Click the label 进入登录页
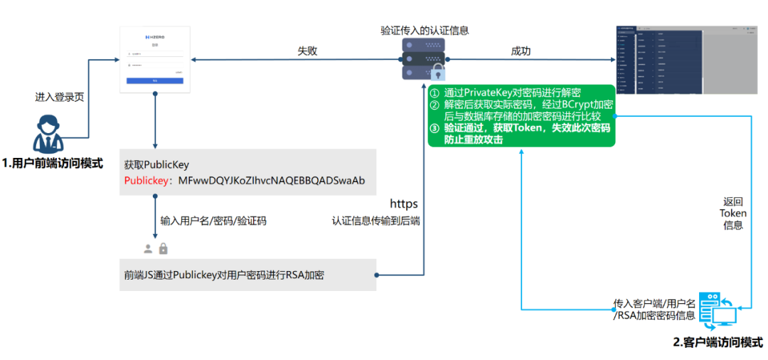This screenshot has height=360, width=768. (x=60, y=97)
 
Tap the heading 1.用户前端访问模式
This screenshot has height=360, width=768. (x=52, y=164)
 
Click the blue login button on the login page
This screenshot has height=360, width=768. (x=155, y=81)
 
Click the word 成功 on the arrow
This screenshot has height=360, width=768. (x=521, y=51)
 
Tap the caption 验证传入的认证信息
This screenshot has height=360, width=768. (x=425, y=31)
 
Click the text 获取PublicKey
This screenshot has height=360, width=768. (x=156, y=164)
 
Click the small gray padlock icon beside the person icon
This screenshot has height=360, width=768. (x=163, y=248)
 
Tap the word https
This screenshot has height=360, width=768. (x=404, y=204)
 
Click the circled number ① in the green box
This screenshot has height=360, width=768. (x=435, y=92)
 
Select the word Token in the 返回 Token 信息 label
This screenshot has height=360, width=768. (x=733, y=213)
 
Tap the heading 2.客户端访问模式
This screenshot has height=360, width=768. (x=718, y=342)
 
